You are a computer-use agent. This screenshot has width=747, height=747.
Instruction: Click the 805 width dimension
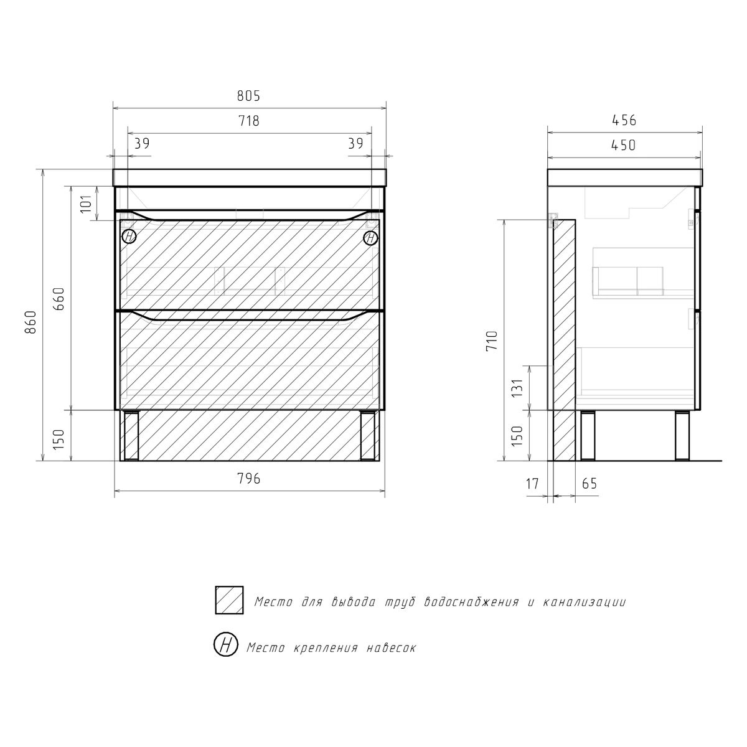pyautogui.click(x=248, y=96)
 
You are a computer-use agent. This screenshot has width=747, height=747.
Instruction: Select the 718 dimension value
pyautogui.click(x=248, y=121)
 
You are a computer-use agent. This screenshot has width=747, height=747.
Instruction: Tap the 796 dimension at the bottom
pyautogui.click(x=248, y=479)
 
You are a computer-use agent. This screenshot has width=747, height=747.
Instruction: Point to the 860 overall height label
pyautogui.click(x=31, y=322)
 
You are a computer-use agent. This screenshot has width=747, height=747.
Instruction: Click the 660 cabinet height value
pyautogui.click(x=59, y=299)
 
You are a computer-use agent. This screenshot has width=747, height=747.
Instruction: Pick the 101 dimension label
pyautogui.click(x=86, y=204)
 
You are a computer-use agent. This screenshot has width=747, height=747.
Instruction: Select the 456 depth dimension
pyautogui.click(x=624, y=121)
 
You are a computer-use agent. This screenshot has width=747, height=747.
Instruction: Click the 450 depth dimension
pyautogui.click(x=623, y=146)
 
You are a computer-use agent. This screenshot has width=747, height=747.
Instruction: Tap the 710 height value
pyautogui.click(x=492, y=341)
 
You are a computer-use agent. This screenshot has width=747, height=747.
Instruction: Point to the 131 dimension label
pyautogui.click(x=517, y=388)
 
